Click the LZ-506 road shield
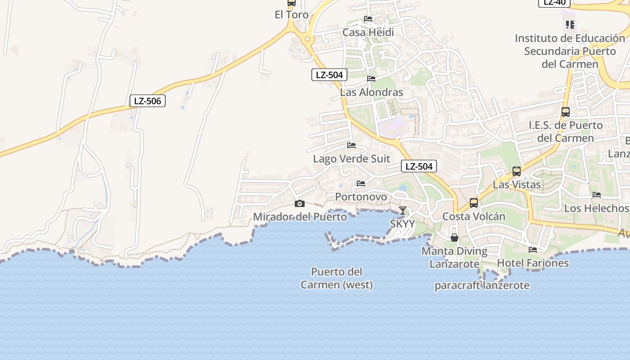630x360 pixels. point(148,101)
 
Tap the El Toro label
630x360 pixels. point(292,15)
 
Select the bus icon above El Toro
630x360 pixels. point(292,3)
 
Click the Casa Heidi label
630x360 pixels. point(368,32)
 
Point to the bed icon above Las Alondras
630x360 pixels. point(371,78)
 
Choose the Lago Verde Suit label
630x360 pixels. point(351,159)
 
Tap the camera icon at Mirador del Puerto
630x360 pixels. point(299,204)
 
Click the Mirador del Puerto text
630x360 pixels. point(300,217)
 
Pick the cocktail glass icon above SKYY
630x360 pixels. point(403,211)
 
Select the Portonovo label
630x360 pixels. point(361,197)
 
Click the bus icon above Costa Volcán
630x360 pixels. point(474,203)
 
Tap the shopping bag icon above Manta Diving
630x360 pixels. point(454,237)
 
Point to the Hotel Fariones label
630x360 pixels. point(533,263)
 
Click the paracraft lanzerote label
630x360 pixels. point(482,285)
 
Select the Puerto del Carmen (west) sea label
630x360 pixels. point(337,278)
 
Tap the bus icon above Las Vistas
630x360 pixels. point(517,171)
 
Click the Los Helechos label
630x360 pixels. point(596,208)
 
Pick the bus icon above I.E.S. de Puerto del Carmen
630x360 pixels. point(566,112)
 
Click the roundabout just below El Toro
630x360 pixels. point(308,39)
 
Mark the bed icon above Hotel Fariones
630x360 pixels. point(533,249)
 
